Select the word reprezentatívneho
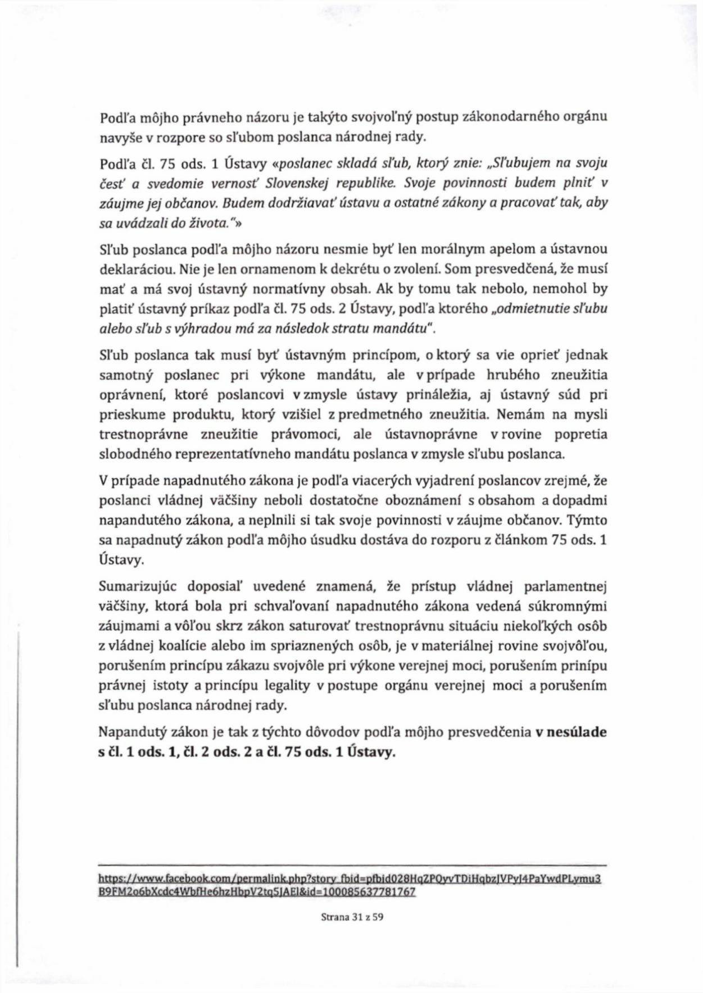230,454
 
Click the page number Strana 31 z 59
352,918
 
